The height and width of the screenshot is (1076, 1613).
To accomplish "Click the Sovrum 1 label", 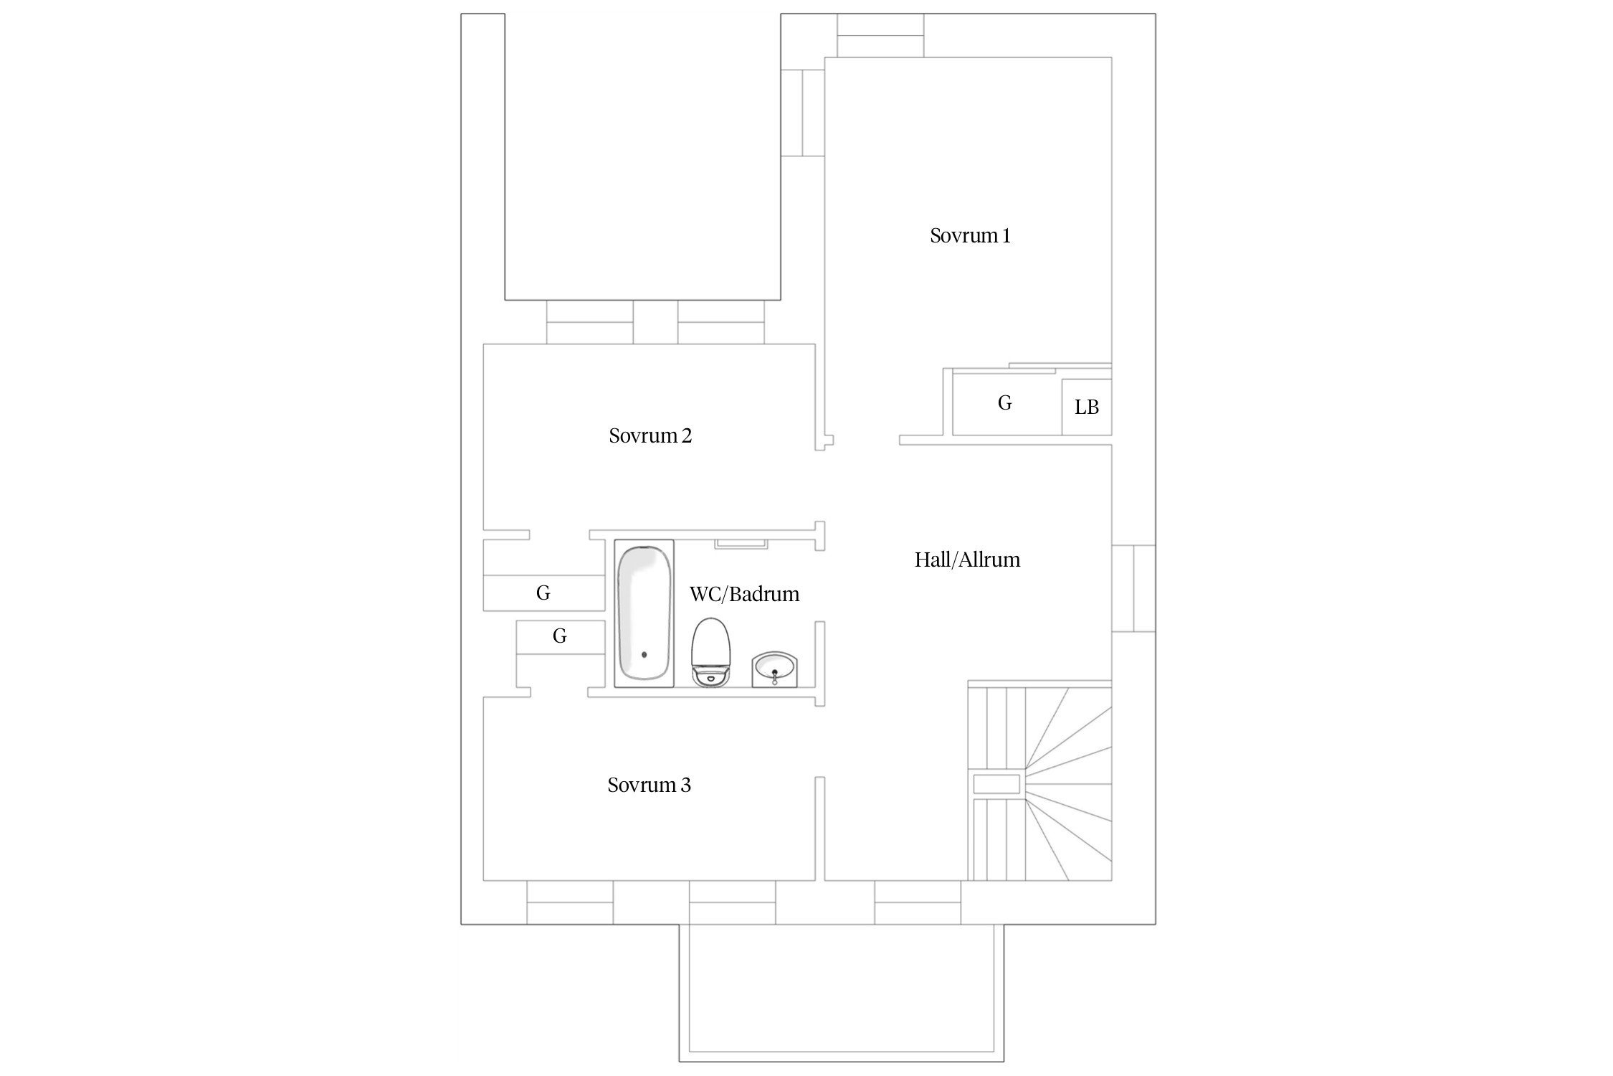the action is (x=970, y=236).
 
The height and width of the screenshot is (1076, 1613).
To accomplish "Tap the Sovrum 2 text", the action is (x=650, y=436).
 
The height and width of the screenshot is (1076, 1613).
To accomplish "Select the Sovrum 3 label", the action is (x=649, y=785).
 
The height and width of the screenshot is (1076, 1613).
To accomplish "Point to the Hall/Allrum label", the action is (x=967, y=560).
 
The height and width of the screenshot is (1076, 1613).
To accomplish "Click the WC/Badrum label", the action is (x=744, y=595).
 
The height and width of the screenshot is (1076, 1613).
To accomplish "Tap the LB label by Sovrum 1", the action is (x=1087, y=407).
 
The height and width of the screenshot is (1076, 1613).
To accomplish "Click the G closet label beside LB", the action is (x=1004, y=403).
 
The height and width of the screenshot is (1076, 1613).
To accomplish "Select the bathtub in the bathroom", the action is (x=644, y=613).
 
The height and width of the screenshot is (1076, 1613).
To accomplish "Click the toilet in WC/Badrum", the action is (x=710, y=651).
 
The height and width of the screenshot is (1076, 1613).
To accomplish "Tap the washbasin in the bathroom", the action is (x=774, y=669).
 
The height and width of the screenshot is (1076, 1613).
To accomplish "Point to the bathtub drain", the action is (x=644, y=654).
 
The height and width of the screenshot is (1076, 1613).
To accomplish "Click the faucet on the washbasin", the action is (x=774, y=676).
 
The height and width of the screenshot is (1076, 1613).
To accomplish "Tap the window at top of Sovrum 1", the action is (x=880, y=35).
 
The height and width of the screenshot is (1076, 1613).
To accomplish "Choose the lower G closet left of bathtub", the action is (x=561, y=636).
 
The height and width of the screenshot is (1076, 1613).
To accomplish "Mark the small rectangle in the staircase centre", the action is (x=996, y=784).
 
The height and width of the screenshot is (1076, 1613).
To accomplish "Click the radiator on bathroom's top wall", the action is (x=741, y=544).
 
